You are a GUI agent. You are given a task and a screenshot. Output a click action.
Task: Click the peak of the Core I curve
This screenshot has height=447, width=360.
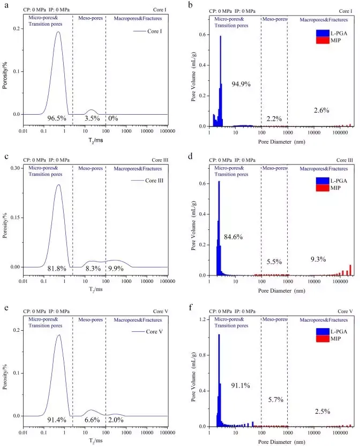[x=58, y=32]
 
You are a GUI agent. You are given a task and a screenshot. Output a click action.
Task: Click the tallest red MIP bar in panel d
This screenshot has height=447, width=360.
[x=350, y=265]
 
